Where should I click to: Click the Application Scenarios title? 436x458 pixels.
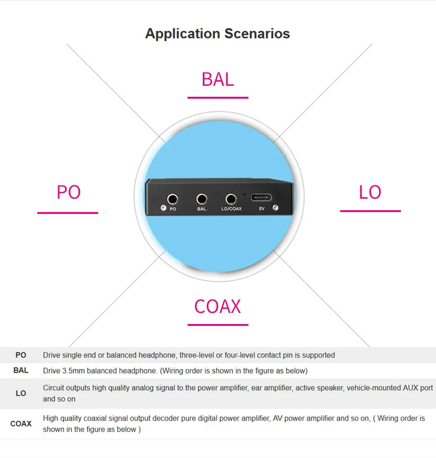(218, 34)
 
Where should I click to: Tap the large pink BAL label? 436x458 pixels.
(218, 79)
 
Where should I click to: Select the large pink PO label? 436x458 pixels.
(69, 192)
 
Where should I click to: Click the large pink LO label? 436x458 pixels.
(370, 192)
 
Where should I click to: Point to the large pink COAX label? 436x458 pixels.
(218, 307)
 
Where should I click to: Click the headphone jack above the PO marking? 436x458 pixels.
(173, 200)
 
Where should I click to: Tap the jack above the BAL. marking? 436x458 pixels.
(202, 200)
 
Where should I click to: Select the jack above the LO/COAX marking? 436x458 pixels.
(231, 200)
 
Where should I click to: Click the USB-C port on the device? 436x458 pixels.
(261, 198)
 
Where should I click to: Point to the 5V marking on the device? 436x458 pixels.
(262, 208)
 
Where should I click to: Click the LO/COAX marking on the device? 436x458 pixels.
(232, 209)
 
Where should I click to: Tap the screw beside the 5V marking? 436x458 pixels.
(275, 208)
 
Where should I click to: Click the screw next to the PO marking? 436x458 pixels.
(163, 208)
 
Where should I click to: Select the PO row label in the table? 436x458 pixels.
(21, 355)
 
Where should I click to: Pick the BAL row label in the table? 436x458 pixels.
(21, 370)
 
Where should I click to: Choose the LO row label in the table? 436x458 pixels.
(21, 393)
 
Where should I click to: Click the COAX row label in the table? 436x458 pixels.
(21, 424)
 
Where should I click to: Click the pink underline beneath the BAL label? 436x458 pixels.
(218, 98)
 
